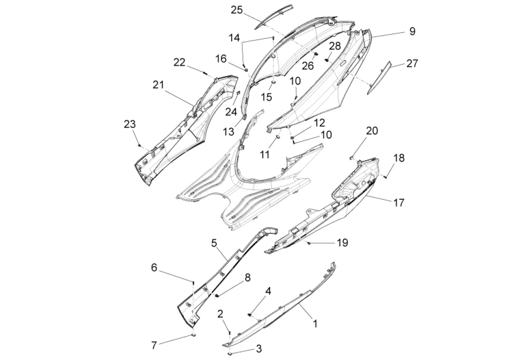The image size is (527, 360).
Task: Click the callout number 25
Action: coord(237,10)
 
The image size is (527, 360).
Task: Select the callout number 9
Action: coord(412,31)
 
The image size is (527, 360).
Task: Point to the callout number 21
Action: coord(158,85)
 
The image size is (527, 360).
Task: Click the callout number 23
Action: coord(129,124)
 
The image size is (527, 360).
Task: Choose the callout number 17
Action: coord(399,202)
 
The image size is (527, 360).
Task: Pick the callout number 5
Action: coord(214,243)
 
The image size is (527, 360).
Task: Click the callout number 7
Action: coord(154,345)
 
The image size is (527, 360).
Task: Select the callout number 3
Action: coord(258,348)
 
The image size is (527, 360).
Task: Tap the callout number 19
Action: coord(342,242)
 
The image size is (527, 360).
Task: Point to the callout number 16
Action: coord(221,58)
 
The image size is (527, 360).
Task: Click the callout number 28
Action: coord(335,46)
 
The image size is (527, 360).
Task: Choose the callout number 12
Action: coord(319,123)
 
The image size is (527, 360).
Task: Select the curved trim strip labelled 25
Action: coord(276,16)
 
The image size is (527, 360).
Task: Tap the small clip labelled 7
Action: coord(193,336)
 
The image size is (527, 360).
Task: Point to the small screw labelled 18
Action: coord(384,176)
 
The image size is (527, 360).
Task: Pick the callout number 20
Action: coord(371,131)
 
